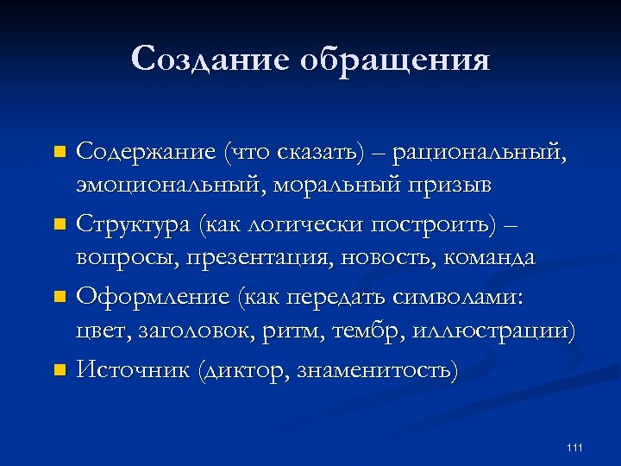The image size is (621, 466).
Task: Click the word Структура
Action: [x=134, y=226]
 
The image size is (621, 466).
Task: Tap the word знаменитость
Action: [x=377, y=371]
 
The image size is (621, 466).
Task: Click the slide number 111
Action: [x=575, y=447]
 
